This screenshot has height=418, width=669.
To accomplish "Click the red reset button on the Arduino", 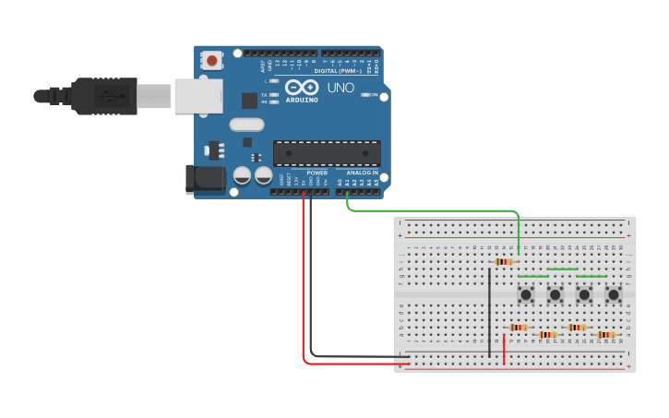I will pyautogui.click(x=212, y=61).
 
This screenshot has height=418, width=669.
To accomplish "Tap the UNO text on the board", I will pyautogui.click(x=340, y=88).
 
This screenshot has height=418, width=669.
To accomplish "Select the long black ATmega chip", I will pyautogui.click(x=327, y=153).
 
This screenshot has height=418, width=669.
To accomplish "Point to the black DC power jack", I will pyautogui.click(x=205, y=179).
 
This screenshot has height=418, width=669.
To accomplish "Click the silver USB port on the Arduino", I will pyautogui.click(x=198, y=95).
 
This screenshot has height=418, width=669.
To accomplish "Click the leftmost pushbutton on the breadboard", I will pyautogui.click(x=526, y=295).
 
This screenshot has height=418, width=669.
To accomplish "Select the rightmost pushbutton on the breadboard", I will pyautogui.click(x=614, y=295).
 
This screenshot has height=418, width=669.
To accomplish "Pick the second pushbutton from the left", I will pyautogui.click(x=555, y=295).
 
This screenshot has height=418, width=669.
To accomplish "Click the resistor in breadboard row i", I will pyautogui.click(x=503, y=261).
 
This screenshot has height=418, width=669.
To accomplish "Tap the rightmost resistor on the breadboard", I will pyautogui.click(x=605, y=335).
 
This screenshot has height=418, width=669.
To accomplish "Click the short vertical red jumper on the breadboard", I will pyautogui.click(x=504, y=349).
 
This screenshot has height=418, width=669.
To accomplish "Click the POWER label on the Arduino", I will pyautogui.click(x=317, y=173).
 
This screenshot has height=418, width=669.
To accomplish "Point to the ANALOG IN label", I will pyautogui.click(x=362, y=173).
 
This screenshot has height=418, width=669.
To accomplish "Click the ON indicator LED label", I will pyautogui.click(x=375, y=94).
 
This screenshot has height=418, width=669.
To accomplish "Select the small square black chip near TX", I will pyautogui.click(x=249, y=101).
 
